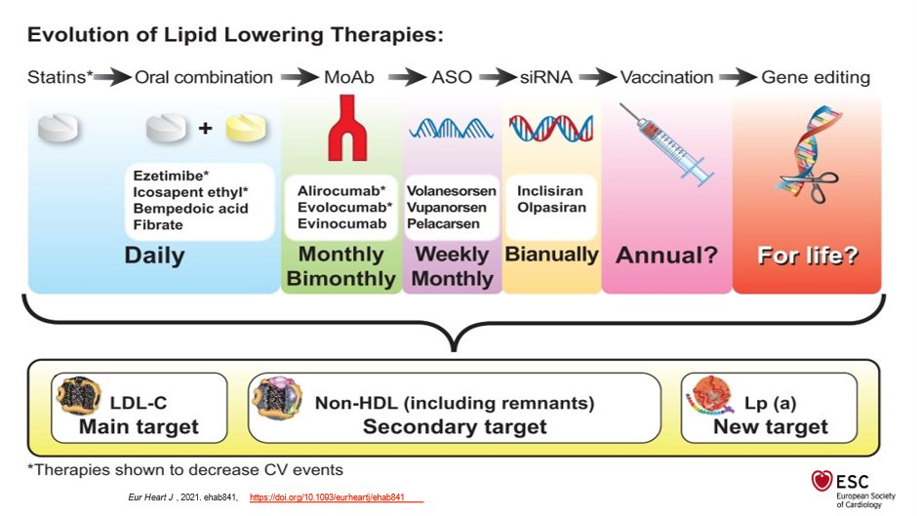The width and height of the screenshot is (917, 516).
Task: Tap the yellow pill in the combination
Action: click(x=246, y=128)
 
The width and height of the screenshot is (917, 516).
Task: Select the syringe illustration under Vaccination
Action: click(x=666, y=144)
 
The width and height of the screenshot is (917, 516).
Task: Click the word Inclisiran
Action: click(x=550, y=191)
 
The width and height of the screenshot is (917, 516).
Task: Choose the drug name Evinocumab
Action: click(x=341, y=223)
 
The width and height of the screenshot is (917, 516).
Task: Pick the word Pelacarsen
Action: click(x=443, y=223)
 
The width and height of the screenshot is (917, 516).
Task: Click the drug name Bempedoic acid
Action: click(x=190, y=209)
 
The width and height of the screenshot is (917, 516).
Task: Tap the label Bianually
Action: click(x=551, y=254)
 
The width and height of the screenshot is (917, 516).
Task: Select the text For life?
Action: click(x=808, y=256)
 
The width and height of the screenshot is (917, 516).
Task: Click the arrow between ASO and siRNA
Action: click(x=498, y=77)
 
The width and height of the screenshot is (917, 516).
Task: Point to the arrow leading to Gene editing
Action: click(x=738, y=77)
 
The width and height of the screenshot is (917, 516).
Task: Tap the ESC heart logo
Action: click(x=821, y=481)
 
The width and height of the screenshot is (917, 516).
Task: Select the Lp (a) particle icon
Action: click(x=710, y=395)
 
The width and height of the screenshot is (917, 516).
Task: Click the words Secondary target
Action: click(x=455, y=426)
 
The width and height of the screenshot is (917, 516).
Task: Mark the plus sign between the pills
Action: click(x=205, y=128)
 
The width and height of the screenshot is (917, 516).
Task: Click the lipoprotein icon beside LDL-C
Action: click(x=79, y=395)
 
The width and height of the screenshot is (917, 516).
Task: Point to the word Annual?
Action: click(x=666, y=256)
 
